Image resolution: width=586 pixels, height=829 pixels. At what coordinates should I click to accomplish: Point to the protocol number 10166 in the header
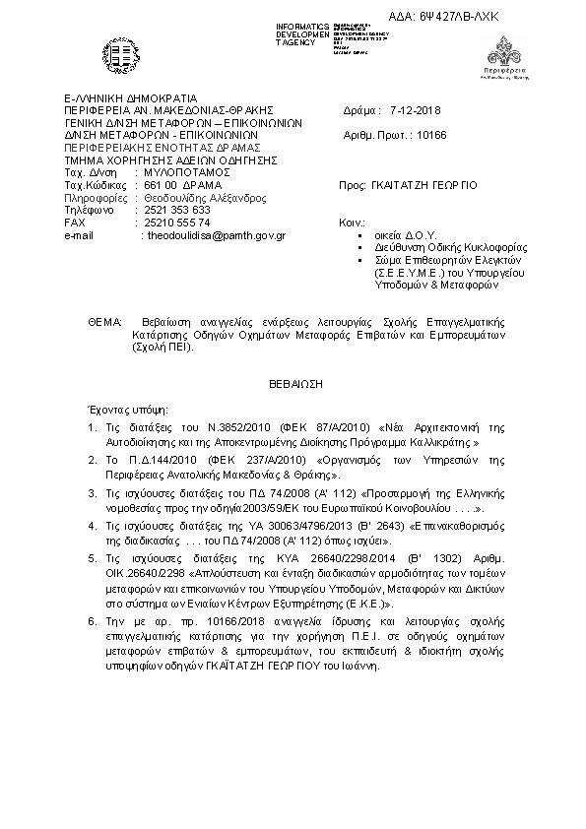pyautogui.click(x=431, y=137)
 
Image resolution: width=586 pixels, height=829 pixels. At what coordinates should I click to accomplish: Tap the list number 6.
pyautogui.click(x=91, y=621)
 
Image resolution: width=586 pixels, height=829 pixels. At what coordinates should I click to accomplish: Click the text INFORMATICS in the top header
pyautogui.click(x=302, y=24)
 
